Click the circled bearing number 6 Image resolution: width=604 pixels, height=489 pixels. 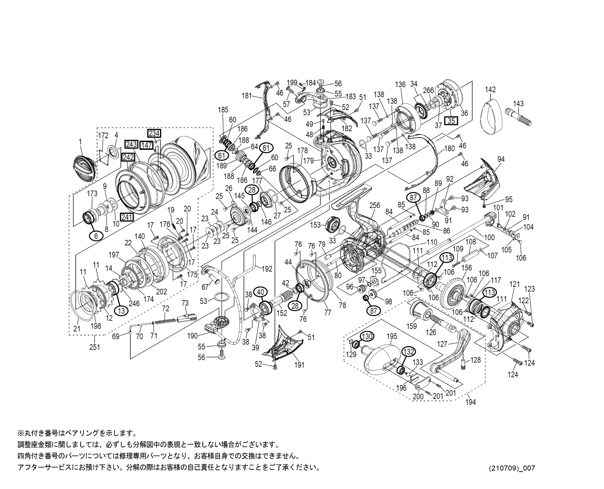[96, 235]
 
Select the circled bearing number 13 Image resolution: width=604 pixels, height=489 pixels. [121, 310]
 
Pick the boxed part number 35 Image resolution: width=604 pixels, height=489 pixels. [451, 121]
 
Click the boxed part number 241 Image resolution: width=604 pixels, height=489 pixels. [127, 217]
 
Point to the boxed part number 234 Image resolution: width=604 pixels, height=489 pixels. [154, 133]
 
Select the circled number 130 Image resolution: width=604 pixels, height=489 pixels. [367, 336]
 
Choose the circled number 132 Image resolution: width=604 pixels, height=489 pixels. [408, 351]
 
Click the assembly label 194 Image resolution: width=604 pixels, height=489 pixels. [471, 402]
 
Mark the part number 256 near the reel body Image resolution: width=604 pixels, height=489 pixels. [374, 206]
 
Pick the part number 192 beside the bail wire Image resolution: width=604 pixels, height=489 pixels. [267, 269]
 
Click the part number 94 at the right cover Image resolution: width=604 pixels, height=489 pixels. [501, 159]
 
